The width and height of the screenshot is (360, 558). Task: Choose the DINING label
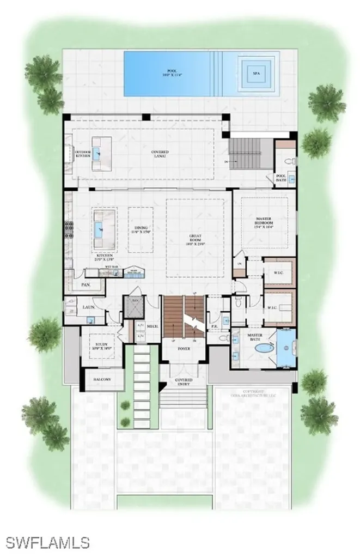click(x=141, y=229)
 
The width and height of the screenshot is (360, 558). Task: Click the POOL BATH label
click(x=282, y=177)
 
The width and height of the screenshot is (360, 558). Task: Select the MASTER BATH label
click(x=255, y=336)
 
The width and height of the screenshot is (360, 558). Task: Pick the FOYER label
click(x=184, y=348)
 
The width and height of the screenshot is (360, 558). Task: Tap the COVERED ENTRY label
click(x=184, y=381)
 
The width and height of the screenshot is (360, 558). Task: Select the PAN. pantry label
click(x=85, y=284)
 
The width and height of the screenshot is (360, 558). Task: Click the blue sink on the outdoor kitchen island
click(x=97, y=154)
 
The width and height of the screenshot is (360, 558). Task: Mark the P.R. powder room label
click(x=215, y=327)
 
